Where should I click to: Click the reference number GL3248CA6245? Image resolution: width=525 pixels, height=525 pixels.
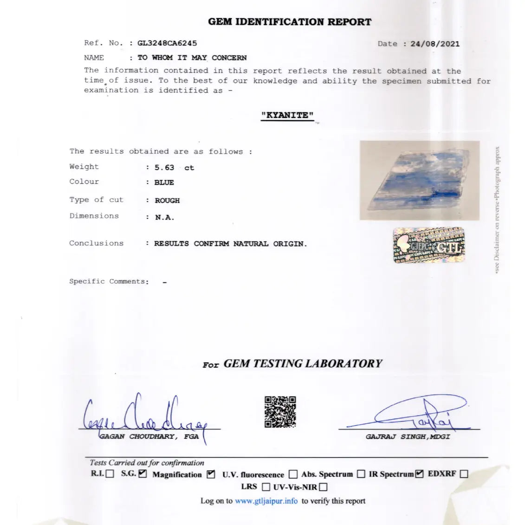[167, 43]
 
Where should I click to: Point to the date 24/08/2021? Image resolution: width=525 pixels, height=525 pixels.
[435, 44]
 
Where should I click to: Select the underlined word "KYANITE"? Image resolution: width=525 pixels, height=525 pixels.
[287, 115]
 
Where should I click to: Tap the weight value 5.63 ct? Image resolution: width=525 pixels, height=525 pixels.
[174, 168]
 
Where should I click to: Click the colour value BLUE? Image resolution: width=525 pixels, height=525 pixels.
[164, 182]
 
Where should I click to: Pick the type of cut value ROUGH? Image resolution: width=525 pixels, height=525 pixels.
[167, 201]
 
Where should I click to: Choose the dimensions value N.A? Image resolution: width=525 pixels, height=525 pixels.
[164, 217]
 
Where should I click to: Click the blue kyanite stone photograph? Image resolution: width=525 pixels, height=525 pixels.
[419, 180]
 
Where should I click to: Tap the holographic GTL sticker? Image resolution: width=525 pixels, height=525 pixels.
[428, 246]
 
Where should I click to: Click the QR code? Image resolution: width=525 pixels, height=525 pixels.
[280, 412]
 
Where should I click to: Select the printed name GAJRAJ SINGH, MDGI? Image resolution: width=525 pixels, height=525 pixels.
[408, 437]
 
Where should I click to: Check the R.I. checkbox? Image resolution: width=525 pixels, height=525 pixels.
[110, 474]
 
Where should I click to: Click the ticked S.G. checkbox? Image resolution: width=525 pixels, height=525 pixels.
[143, 474]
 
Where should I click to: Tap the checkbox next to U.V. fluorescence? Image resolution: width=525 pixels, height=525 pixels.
[293, 474]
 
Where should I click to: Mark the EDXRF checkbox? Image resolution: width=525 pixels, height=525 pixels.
[463, 474]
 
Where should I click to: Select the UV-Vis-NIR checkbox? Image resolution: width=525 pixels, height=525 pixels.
[324, 487]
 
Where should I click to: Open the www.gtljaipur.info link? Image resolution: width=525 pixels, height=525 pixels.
[266, 501]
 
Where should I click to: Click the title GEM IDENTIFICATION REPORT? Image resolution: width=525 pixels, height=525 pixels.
[290, 22]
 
